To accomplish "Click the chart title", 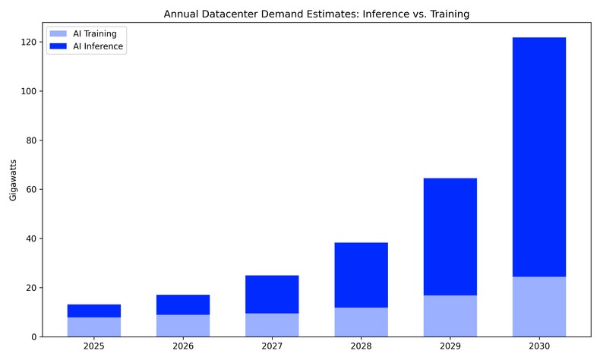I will (316, 14).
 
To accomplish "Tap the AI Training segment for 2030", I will (538, 307).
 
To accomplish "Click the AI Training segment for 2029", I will (450, 316).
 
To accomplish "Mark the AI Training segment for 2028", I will (361, 322).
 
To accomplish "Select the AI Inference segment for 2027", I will (272, 294).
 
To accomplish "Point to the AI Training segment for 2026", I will (183, 326).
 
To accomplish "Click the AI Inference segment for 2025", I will (94, 311).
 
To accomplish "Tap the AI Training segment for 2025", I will (94, 327).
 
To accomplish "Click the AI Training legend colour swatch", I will (58, 34).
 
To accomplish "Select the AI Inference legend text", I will (98, 46).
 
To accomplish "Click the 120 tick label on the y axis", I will (28, 43).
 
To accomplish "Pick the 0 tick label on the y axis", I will (33, 337).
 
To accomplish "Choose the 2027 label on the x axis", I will (272, 346).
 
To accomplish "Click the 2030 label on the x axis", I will (538, 346).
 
